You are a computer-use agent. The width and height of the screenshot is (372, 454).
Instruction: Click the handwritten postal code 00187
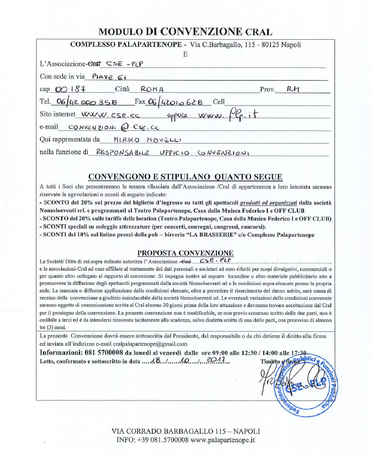(65, 89)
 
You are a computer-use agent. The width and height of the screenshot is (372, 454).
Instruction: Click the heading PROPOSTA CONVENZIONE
(185, 253)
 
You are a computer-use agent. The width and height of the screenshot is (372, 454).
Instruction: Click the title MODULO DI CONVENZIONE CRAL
(185, 31)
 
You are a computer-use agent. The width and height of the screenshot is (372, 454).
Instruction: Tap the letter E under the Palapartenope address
(185, 54)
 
